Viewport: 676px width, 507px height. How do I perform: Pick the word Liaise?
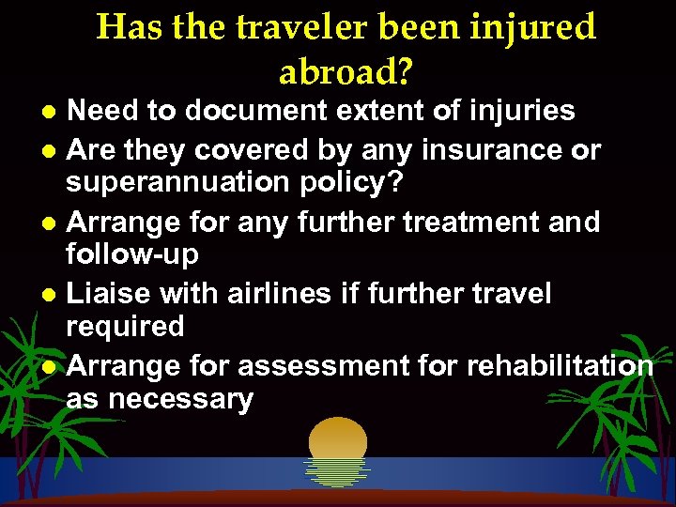tap(110, 293)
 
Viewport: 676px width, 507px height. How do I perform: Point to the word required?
tap(124, 327)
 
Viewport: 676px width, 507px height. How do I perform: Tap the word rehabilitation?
tap(552, 364)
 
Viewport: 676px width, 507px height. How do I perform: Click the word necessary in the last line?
tap(181, 398)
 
